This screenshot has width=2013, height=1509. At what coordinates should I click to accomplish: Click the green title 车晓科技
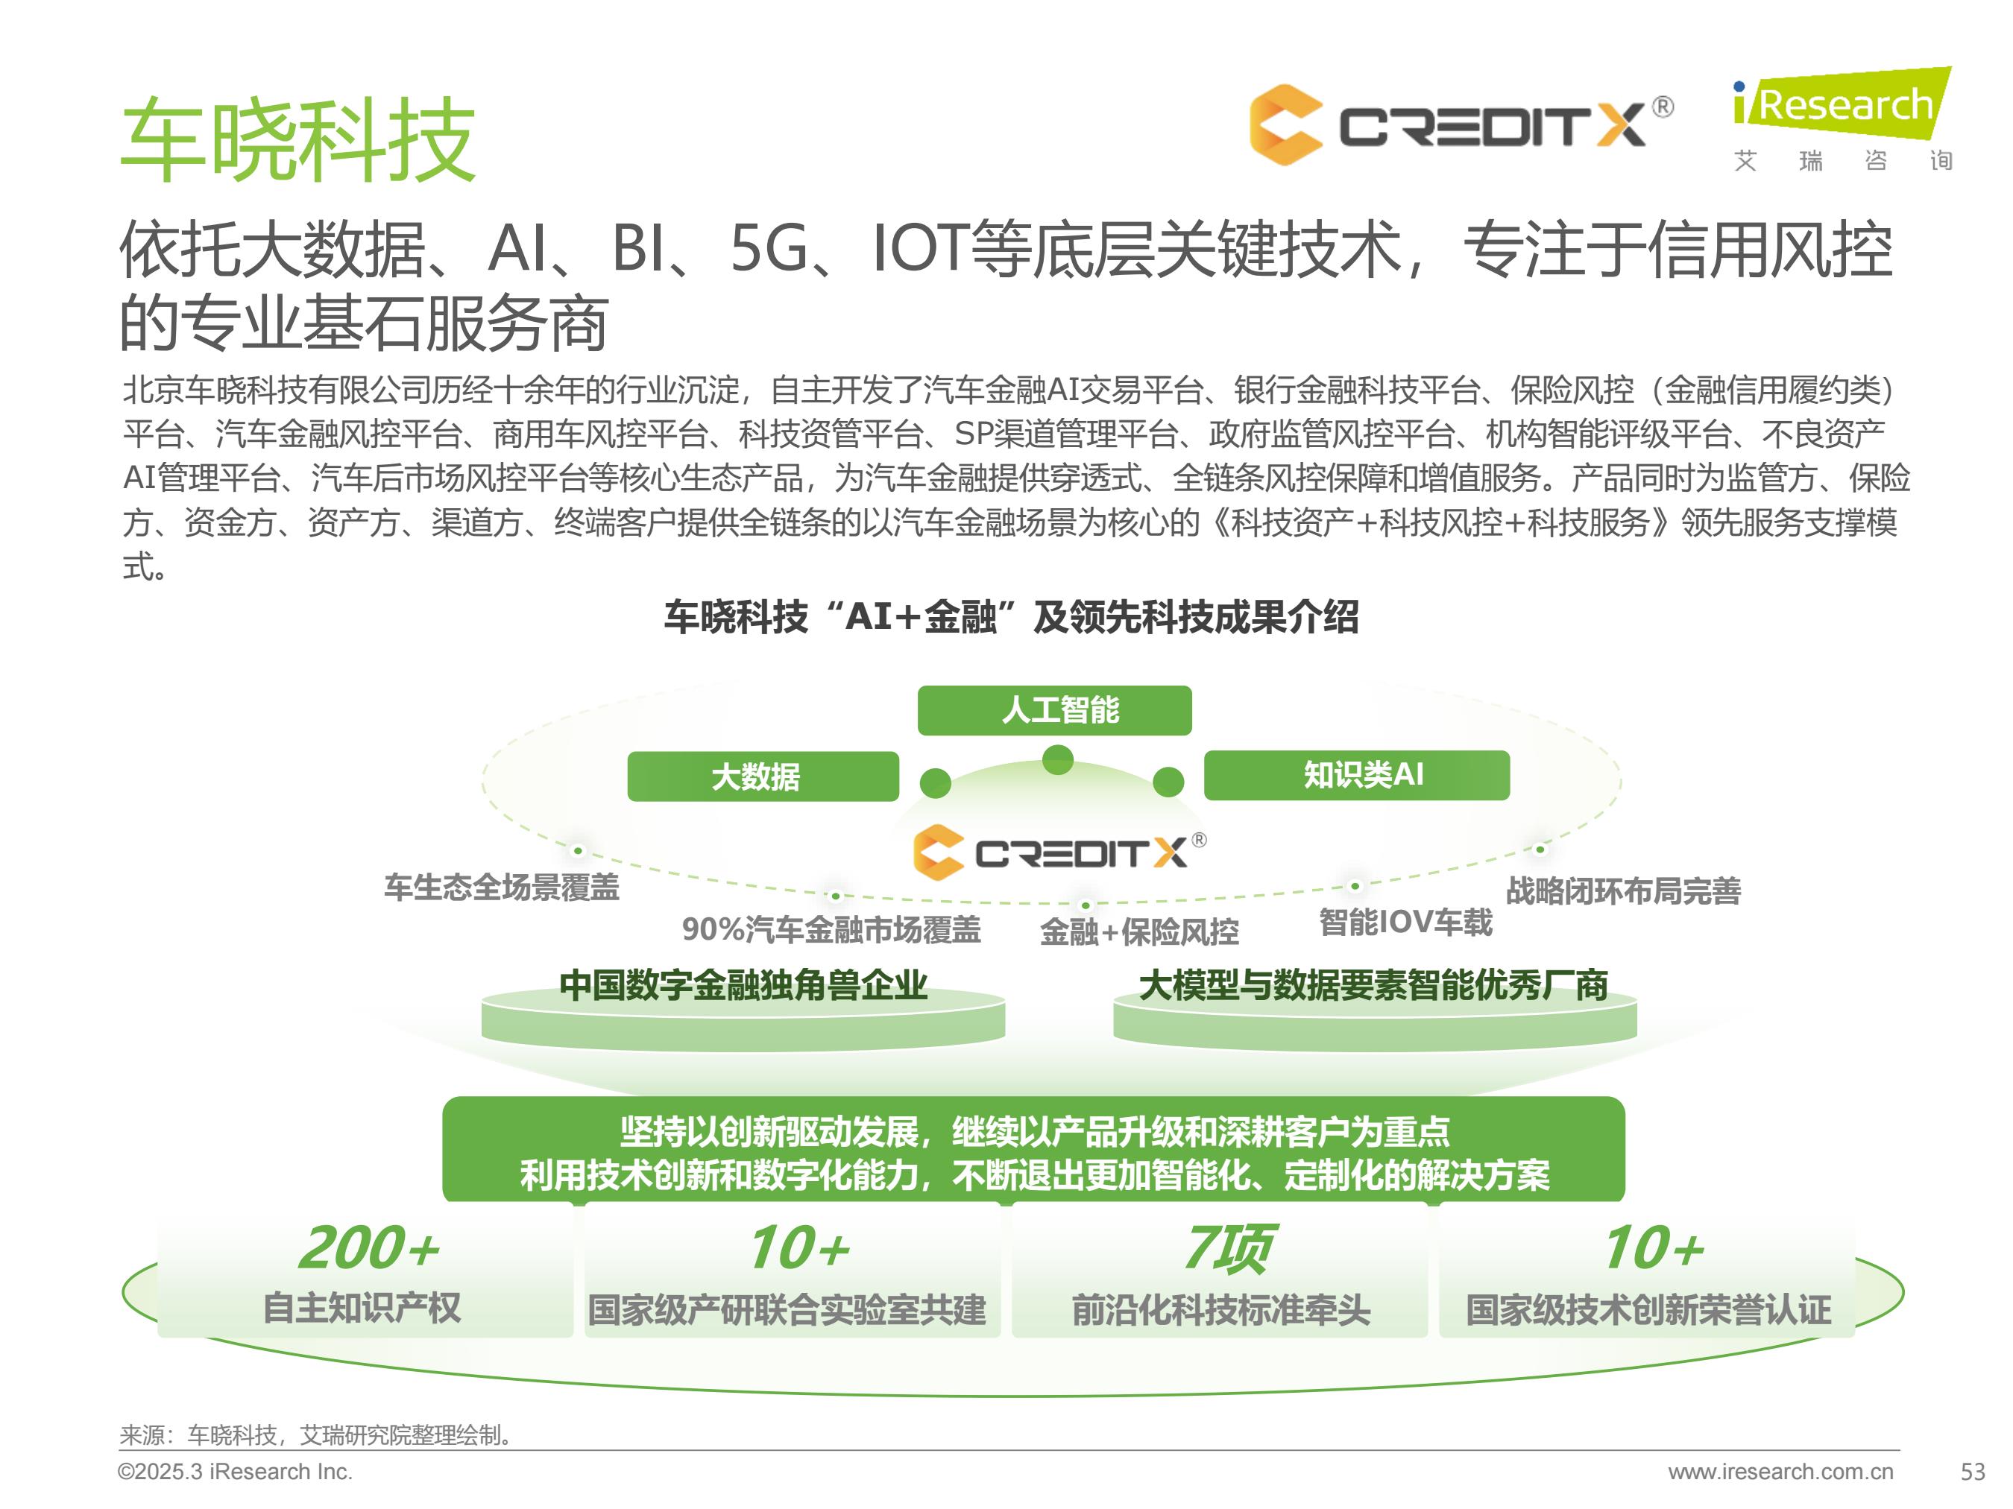[297, 140]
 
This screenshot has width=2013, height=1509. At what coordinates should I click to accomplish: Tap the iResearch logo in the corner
[1843, 118]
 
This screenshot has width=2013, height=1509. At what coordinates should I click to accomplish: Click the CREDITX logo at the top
[1461, 124]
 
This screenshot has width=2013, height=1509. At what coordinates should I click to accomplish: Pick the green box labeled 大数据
[763, 776]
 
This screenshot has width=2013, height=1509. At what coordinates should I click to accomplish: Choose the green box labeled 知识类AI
[1357, 775]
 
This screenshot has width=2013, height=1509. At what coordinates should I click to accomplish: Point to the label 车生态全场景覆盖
[502, 887]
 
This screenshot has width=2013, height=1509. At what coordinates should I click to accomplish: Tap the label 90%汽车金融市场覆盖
[831, 929]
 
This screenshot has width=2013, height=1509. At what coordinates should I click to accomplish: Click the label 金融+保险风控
[1138, 931]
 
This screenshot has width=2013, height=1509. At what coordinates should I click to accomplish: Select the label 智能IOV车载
[1406, 923]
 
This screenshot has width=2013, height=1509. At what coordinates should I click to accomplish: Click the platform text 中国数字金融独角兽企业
[743, 985]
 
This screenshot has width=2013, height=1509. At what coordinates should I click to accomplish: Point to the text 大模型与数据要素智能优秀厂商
[1374, 985]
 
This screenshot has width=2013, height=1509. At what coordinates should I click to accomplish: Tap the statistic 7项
[1228, 1249]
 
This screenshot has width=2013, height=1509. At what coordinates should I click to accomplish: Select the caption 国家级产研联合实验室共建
[787, 1310]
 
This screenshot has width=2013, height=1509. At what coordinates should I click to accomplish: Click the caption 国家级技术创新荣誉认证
[1648, 1310]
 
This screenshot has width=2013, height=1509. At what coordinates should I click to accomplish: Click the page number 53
[1972, 1472]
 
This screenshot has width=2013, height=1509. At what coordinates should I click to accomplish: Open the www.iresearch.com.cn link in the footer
[1781, 1472]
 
